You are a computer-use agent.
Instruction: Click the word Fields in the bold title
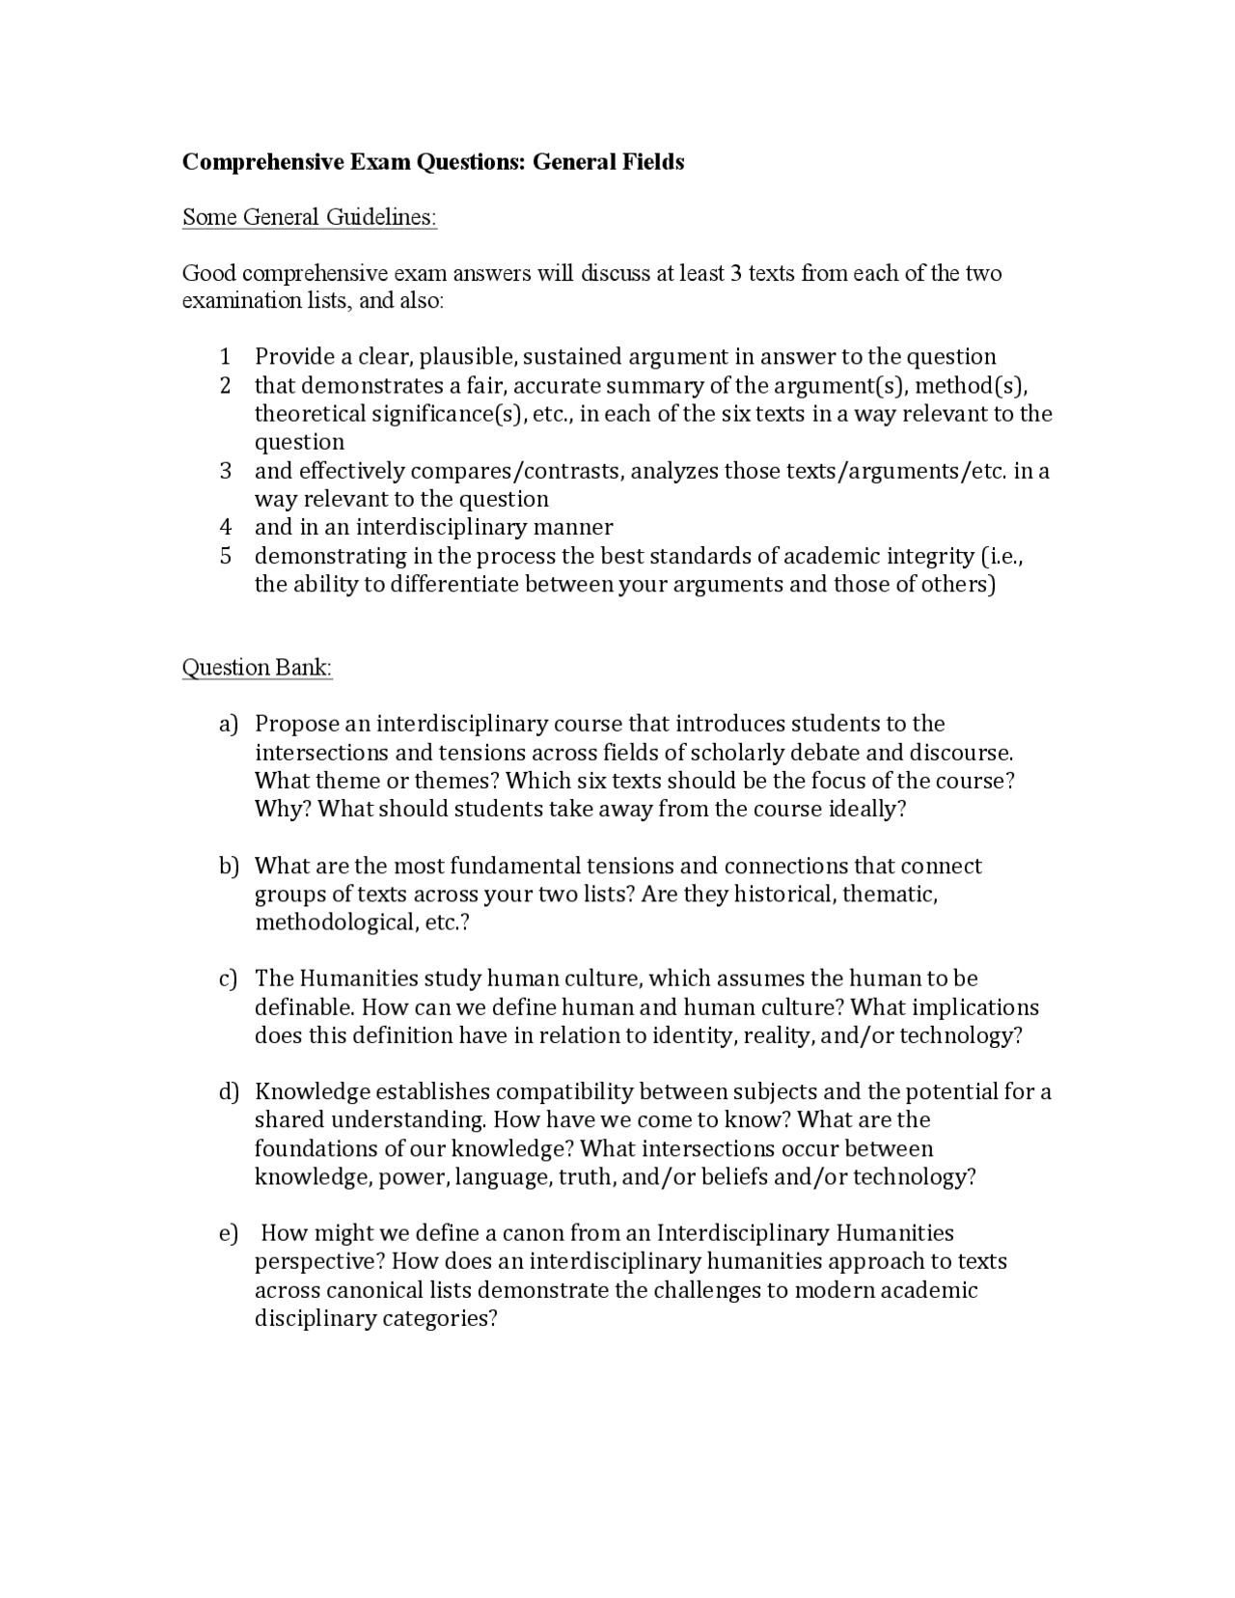650,162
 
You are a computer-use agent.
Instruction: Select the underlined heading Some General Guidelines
309,217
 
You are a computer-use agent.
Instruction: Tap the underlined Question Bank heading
257,668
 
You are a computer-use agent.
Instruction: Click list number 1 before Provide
225,357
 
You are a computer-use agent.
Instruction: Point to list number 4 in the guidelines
225,527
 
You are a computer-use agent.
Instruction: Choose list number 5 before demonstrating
225,556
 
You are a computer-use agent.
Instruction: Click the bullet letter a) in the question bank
228,725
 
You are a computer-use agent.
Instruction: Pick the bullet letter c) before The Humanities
228,979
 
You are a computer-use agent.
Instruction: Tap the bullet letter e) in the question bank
228,1234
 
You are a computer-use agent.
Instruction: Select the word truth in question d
586,1177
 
